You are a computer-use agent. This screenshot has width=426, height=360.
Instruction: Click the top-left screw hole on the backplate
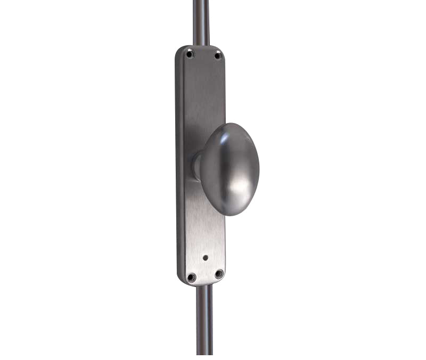pos(190,53)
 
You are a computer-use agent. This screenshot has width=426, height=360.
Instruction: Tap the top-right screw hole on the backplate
pos(217,55)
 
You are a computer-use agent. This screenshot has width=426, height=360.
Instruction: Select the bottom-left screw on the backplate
pos(191,277)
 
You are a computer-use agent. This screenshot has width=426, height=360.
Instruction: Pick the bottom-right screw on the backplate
pos(219,274)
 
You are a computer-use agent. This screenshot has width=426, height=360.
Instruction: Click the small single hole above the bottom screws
pos(206,257)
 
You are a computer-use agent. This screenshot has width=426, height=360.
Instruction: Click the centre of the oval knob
pos(230,169)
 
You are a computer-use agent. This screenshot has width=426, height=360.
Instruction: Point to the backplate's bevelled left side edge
pos(179,160)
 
